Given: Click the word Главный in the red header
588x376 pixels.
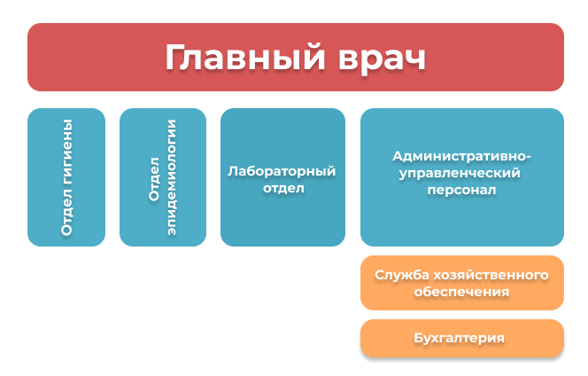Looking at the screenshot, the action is click(245, 58).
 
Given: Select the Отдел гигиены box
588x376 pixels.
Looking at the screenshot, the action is click(66, 177).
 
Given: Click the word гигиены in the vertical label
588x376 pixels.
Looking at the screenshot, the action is click(66, 153).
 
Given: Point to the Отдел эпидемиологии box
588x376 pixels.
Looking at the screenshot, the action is click(163, 177).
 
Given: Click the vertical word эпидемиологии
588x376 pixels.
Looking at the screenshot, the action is click(171, 177).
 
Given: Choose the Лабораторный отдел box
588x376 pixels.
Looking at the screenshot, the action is click(282, 177).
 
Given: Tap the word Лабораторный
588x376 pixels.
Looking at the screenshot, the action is click(282, 171).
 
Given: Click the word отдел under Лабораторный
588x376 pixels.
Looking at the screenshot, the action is click(283, 188).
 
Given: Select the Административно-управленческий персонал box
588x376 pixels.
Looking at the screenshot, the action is click(462, 177).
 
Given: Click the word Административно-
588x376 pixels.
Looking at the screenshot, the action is click(461, 156).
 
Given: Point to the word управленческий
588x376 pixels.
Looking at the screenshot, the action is click(460, 173).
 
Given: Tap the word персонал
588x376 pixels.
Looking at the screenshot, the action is click(461, 190).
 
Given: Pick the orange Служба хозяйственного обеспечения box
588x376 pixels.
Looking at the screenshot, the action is click(462, 283).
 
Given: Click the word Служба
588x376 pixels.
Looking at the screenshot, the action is click(402, 275).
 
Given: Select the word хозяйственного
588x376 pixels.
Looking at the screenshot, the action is click(491, 275).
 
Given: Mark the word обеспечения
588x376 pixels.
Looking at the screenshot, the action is click(461, 292).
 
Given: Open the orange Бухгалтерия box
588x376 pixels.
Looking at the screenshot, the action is click(462, 338).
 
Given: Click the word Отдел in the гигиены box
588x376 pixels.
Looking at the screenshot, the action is click(66, 212).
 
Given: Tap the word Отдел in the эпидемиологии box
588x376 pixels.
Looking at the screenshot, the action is click(154, 179).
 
